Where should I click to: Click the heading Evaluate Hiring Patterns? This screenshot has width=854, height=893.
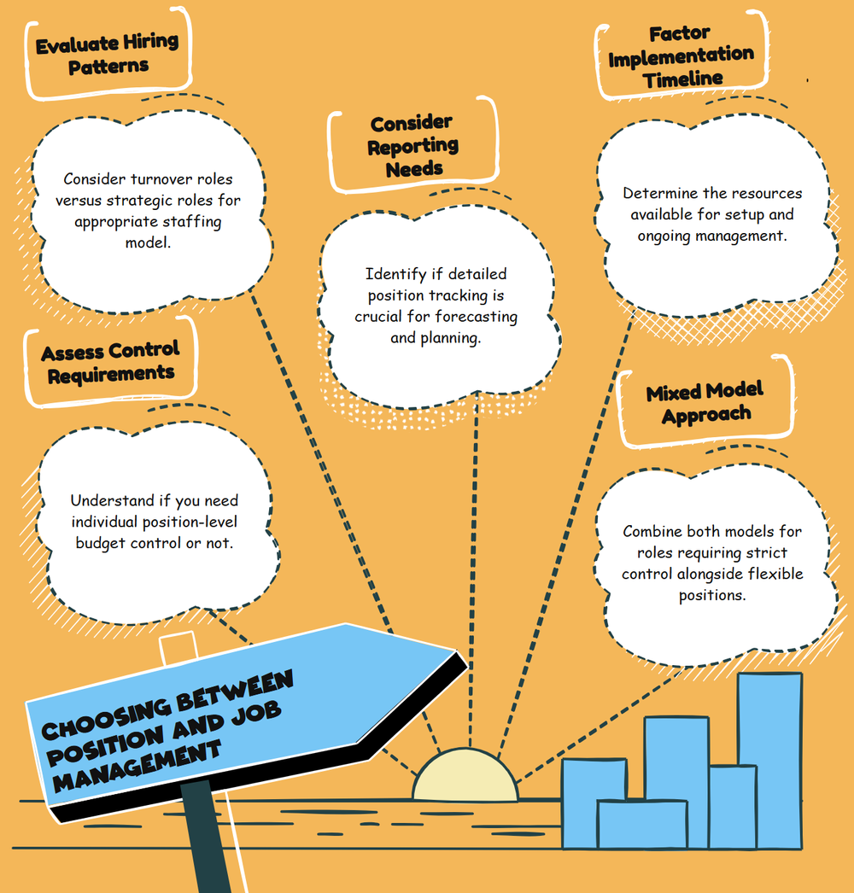107,54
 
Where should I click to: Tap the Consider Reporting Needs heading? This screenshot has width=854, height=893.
412,146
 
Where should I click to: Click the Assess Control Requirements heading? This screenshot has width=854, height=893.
110,362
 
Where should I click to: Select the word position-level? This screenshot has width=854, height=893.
192,522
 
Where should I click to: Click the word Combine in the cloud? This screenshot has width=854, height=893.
652,531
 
